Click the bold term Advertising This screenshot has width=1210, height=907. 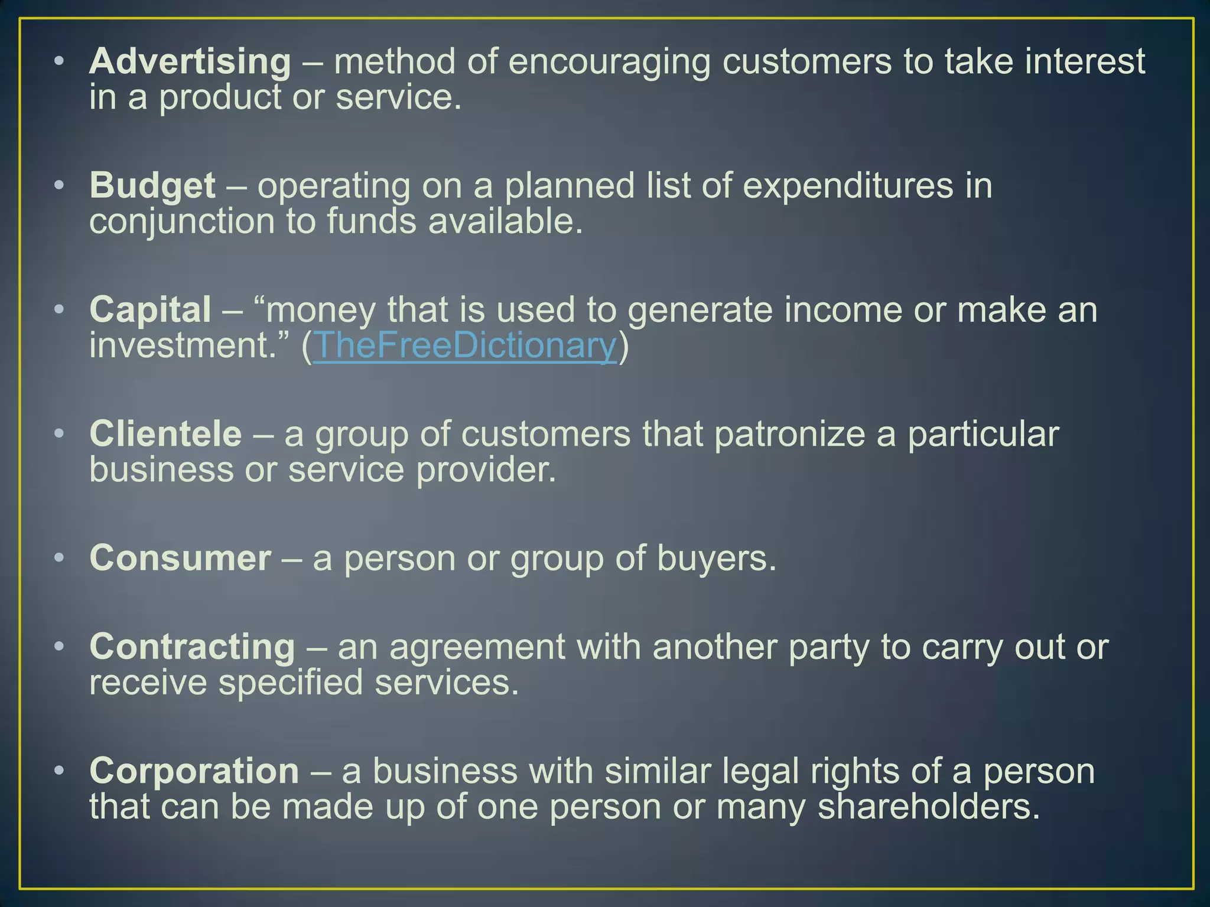pyautogui.click(x=190, y=61)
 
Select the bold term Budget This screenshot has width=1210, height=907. pyautogui.click(x=152, y=185)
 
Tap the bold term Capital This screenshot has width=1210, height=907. pyautogui.click(x=150, y=309)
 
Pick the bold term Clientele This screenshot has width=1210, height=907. pyautogui.click(x=165, y=434)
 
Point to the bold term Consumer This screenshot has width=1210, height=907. pyautogui.click(x=180, y=558)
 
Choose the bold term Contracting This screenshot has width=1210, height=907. pyautogui.click(x=192, y=647)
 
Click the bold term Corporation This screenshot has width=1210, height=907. pyautogui.click(x=194, y=771)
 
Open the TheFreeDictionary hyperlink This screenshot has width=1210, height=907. pyautogui.click(x=464, y=345)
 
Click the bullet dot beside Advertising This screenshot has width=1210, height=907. pyautogui.click(x=58, y=61)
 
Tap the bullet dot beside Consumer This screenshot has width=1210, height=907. pyautogui.click(x=58, y=558)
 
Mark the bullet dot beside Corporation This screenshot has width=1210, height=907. pyautogui.click(x=58, y=771)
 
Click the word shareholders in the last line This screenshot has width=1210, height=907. pyautogui.click(x=928, y=807)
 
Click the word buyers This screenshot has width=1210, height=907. pyautogui.click(x=715, y=559)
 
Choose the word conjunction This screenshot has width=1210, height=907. pyautogui.click(x=182, y=222)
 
